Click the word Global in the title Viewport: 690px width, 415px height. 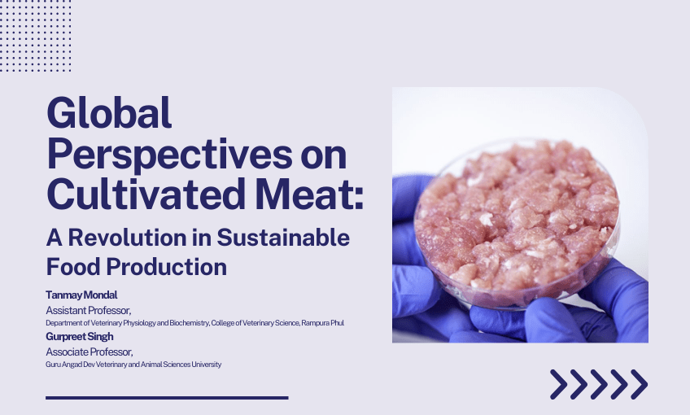click(110, 113)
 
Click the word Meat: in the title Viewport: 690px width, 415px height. click(308, 194)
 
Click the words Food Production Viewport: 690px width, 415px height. click(136, 266)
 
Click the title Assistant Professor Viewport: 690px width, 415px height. click(88, 310)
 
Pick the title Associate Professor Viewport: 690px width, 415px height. click(89, 352)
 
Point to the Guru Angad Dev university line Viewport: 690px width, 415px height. click(133, 365)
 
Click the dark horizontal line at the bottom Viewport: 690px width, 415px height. click(167, 398)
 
